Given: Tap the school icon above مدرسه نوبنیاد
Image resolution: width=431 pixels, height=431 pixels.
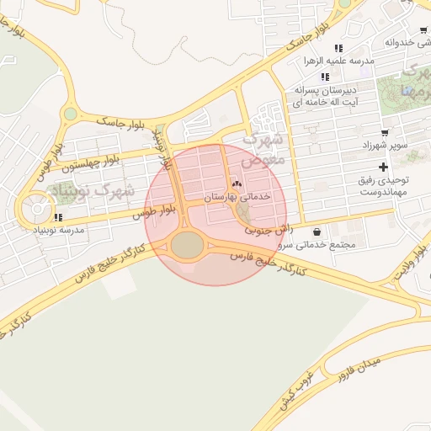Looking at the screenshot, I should coord(57,217).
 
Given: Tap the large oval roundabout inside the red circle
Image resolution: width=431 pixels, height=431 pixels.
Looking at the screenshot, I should coord(187,246).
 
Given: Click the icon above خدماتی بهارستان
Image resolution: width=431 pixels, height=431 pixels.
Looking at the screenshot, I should coord(236,184).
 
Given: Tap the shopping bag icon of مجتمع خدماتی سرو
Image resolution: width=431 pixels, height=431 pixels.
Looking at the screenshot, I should coord(316,232).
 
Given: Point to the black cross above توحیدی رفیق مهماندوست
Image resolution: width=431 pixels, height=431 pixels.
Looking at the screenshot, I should coord(384,168).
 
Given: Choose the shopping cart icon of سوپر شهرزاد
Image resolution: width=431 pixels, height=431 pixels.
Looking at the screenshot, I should coord(385,132).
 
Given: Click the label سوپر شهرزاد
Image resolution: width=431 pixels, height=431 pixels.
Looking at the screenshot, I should coord(387,145).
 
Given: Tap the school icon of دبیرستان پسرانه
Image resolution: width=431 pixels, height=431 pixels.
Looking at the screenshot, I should coord(325,77).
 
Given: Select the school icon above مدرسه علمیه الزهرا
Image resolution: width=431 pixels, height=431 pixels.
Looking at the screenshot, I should coord(338,49).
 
